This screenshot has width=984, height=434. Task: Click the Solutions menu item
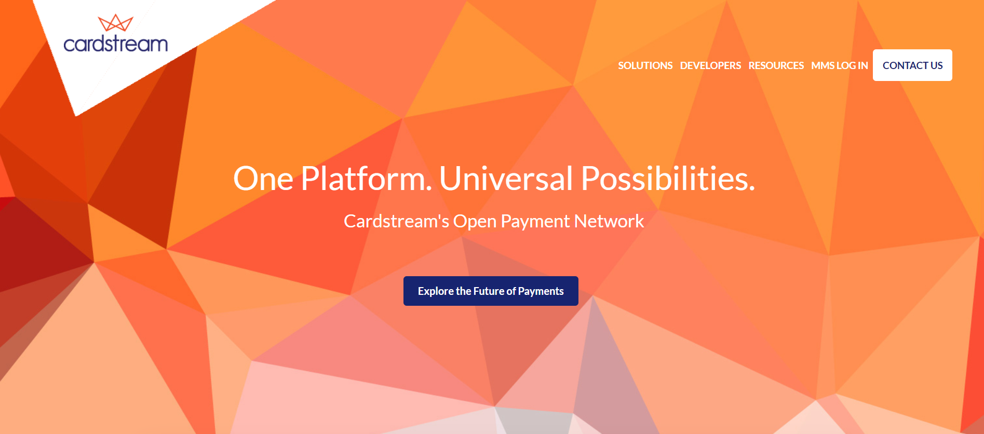point(645,65)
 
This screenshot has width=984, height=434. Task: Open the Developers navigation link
point(710,65)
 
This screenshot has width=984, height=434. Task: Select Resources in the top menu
point(776,65)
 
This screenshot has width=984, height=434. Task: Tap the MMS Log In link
point(839,65)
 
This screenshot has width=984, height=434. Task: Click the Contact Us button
point(912,65)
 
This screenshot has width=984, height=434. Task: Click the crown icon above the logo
point(115,23)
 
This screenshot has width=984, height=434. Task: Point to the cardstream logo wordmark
point(115,44)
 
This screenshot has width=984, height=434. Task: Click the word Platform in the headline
point(366,179)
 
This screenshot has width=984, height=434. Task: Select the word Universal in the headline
point(506,179)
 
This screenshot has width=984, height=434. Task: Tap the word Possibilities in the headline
point(668,179)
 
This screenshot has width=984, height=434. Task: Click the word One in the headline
point(263,179)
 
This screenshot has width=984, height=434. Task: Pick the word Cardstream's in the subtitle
point(396,221)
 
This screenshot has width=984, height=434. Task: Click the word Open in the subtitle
point(475,221)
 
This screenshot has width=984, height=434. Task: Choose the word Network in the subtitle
point(609,221)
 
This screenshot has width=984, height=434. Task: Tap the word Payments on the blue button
point(541,291)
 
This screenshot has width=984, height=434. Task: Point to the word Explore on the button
point(436,291)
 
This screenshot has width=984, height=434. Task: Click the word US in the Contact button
point(936,65)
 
